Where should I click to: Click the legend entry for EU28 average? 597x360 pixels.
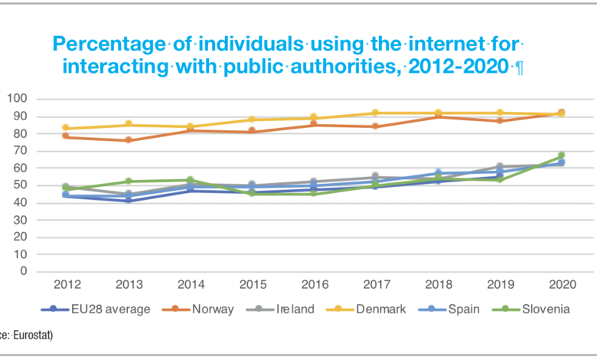pos(100,309)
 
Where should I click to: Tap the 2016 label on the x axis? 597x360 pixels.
pos(313,285)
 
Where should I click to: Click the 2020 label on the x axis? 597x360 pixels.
pos(561,285)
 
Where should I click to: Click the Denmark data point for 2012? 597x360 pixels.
pos(66,128)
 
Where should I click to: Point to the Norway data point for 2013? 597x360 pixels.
pos(128,140)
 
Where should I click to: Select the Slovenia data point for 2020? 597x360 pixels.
pos(561,155)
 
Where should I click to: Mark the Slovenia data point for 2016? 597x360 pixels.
pos(313,194)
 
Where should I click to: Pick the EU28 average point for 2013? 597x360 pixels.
pos(128,200)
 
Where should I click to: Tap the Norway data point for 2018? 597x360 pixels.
pos(437,116)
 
